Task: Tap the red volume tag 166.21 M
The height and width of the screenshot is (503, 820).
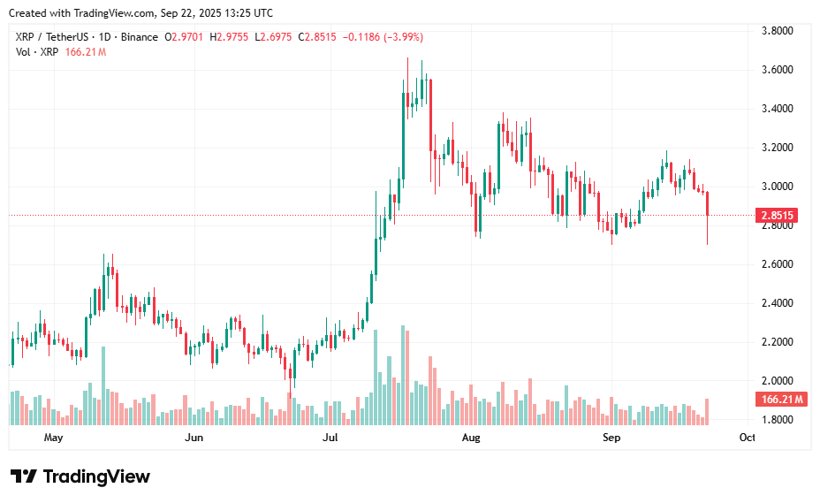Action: pos(780,400)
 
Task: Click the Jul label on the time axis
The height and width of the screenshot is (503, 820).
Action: pos(330,438)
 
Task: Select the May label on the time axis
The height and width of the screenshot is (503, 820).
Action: pos(54,438)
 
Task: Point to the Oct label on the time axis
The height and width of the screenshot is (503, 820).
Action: pos(748,438)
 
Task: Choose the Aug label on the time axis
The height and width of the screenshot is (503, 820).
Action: pos(471,438)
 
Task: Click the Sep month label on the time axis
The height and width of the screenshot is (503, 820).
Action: pos(611,438)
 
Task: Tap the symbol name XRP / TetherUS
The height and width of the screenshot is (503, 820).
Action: pos(51,37)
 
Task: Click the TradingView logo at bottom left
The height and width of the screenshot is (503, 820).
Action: pos(80,476)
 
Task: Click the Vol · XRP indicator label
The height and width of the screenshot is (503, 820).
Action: pos(38,52)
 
